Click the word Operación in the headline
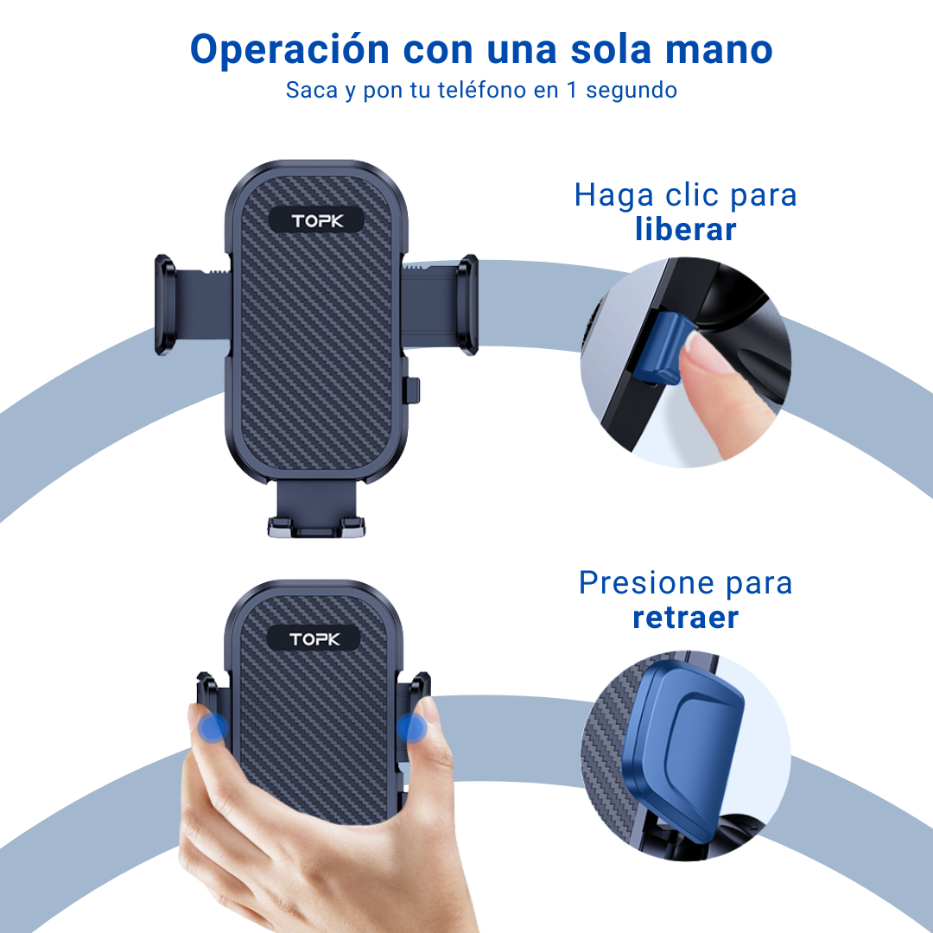(x=289, y=50)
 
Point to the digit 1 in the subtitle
(x=572, y=90)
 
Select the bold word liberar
(x=685, y=229)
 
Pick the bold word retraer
(x=685, y=618)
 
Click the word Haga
(x=614, y=195)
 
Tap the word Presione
(x=646, y=582)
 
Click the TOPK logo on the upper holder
(x=316, y=221)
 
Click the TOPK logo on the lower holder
(x=314, y=639)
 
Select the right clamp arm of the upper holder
(x=441, y=305)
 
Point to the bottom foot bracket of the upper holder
(x=316, y=511)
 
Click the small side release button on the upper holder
(x=412, y=390)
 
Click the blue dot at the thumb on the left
(x=213, y=727)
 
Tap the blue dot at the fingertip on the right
(x=411, y=727)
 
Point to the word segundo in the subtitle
(x=632, y=91)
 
